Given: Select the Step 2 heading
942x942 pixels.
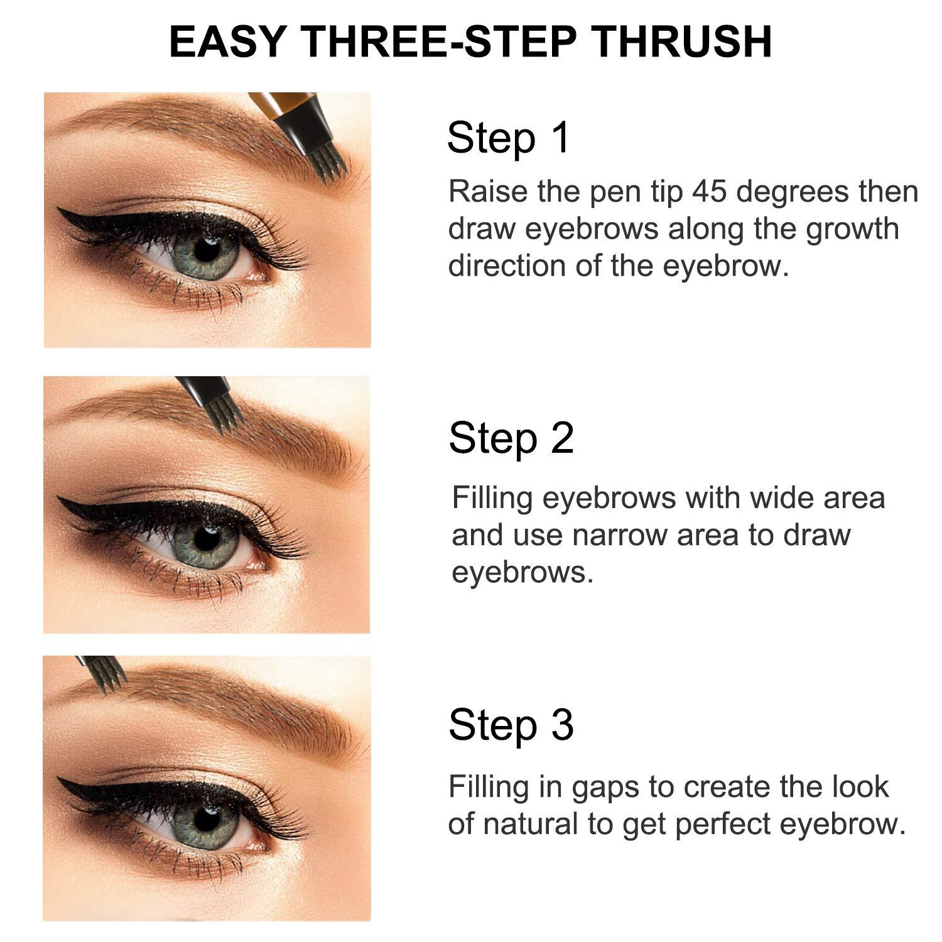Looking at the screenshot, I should pos(511,438).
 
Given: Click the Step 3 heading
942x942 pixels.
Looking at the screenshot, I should pos(511,725).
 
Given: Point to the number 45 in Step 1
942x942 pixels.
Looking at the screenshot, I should pos(711,192).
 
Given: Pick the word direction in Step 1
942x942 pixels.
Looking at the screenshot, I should pos(506,266).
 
